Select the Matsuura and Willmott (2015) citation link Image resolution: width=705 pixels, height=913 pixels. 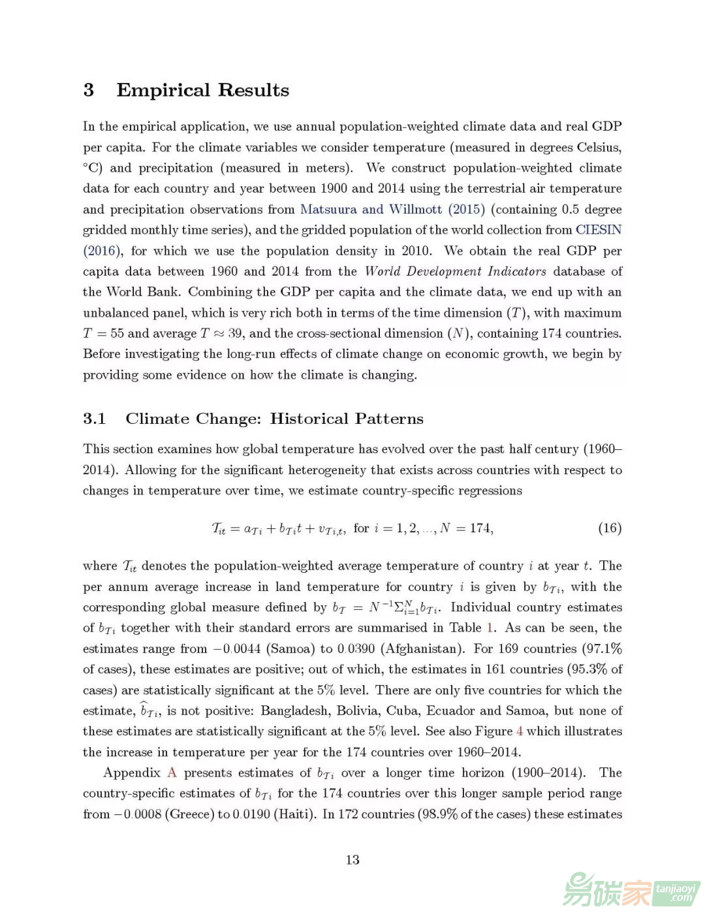click(x=392, y=209)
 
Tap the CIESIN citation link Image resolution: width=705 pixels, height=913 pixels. click(x=598, y=230)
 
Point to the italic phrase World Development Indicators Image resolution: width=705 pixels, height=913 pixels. click(x=456, y=271)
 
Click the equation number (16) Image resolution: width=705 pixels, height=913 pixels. click(x=610, y=528)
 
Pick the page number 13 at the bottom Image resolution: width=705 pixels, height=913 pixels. click(x=352, y=859)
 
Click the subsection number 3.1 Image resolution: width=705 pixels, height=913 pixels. click(x=95, y=419)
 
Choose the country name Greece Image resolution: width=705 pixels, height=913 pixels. click(x=190, y=814)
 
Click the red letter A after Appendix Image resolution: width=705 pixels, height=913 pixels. click(x=172, y=773)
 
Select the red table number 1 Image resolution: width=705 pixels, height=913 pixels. click(x=490, y=628)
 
